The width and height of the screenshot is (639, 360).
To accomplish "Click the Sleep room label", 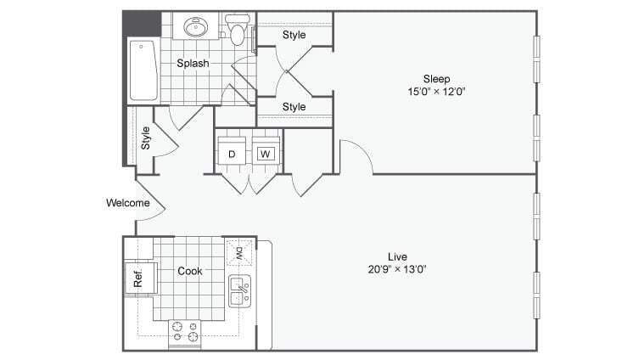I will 437,78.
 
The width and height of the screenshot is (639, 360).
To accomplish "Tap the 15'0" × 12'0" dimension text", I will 437,92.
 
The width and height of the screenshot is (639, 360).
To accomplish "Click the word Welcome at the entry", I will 128,203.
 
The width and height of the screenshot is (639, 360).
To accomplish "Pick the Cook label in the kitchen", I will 189,272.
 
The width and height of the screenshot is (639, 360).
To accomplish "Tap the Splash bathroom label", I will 193,63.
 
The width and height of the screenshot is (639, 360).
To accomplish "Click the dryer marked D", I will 231,154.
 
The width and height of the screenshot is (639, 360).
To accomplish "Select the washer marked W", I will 266,154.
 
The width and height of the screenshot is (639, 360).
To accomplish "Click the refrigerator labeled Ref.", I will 137,278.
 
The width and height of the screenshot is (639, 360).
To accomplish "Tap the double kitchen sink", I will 239,291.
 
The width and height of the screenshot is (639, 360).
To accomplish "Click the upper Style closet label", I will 294,35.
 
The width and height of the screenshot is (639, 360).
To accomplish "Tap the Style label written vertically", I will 145,138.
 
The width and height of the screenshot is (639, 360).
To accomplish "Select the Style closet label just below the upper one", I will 294,107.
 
